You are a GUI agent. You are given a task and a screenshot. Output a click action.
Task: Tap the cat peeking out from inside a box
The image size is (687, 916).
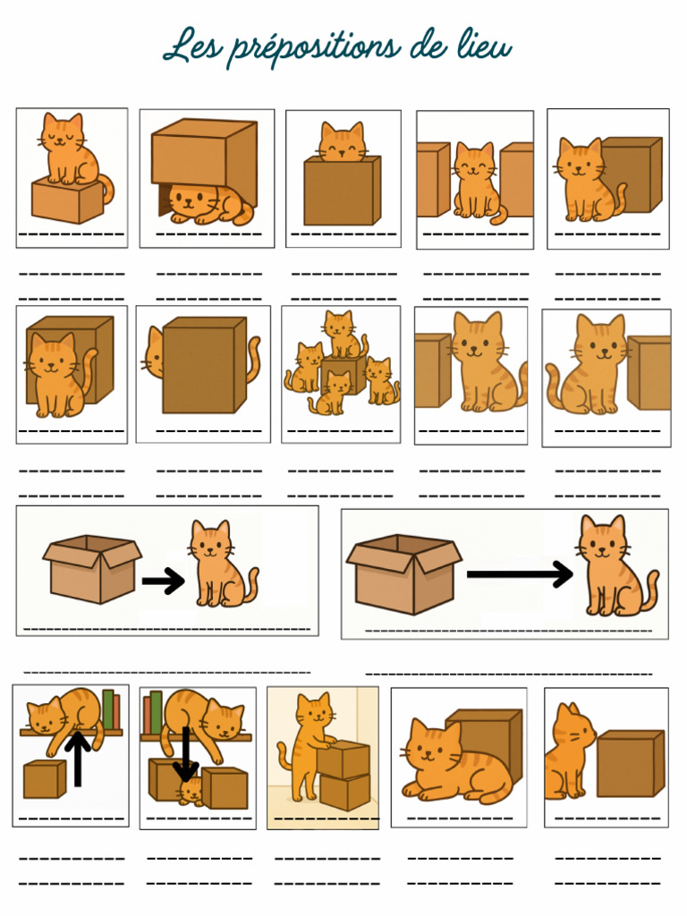pos(343,143)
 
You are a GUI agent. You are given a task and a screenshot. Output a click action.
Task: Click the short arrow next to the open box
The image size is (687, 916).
pos(163,581)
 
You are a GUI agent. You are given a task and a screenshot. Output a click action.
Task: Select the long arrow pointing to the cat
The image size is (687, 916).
pos(520,574)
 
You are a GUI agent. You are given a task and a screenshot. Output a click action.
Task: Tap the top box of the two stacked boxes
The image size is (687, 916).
pos(344,759)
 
